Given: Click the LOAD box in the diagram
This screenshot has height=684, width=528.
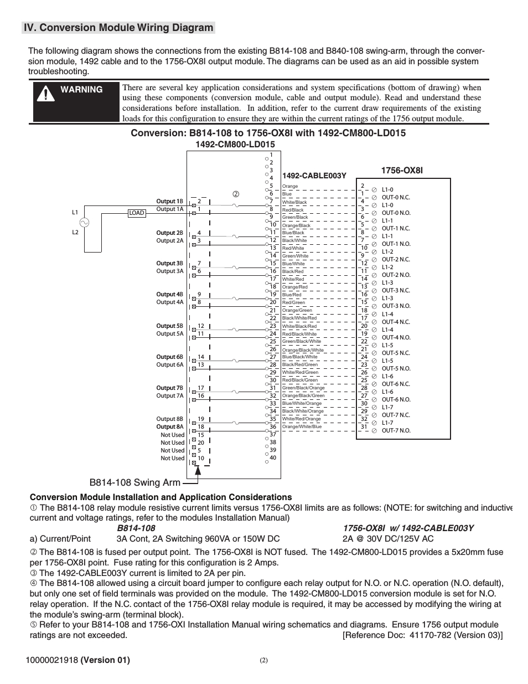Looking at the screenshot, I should point(136,213).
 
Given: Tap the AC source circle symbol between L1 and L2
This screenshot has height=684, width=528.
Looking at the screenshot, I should point(85,223).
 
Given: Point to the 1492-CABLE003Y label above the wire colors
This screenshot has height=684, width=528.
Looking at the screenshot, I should point(314,176).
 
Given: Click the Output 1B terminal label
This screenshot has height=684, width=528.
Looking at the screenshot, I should point(169,201).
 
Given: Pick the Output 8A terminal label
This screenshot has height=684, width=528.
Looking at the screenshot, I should point(169,427).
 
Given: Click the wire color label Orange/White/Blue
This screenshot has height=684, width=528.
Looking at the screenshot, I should point(302,427).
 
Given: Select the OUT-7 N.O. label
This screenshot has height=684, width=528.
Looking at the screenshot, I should point(396,430).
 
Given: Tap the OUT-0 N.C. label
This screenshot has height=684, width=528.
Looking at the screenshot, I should point(396,197).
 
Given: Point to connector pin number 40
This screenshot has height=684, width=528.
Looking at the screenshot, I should point(272,458).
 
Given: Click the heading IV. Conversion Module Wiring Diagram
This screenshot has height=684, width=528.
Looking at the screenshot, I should point(118,28).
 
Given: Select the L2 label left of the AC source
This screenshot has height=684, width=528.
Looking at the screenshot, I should point(75,232).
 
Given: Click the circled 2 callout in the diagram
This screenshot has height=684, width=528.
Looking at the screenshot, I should point(235,194).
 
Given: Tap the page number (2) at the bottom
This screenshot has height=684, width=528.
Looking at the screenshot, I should point(263,660).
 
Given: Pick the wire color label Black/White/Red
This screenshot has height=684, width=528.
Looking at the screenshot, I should point(299,318).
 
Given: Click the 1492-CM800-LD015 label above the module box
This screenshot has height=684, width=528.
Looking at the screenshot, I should point(235,145).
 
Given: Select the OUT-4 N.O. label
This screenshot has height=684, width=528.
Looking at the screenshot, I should point(396,337).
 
